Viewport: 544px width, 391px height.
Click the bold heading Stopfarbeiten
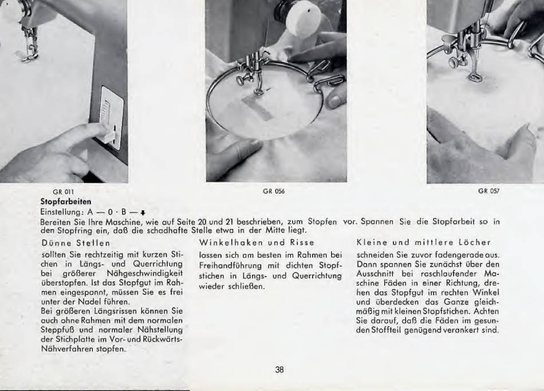click(x=66, y=202)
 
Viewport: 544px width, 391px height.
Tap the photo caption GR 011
click(x=63, y=192)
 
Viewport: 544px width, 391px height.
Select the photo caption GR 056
click(x=274, y=191)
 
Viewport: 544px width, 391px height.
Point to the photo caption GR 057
click(x=489, y=191)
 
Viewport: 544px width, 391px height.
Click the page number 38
click(x=279, y=370)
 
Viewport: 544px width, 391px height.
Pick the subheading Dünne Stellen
click(x=76, y=243)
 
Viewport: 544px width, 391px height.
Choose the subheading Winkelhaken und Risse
click(x=257, y=242)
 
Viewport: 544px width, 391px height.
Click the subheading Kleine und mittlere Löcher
click(x=424, y=242)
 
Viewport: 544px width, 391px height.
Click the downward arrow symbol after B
click(x=142, y=212)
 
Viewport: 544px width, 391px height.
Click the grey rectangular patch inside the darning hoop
click(x=257, y=108)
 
